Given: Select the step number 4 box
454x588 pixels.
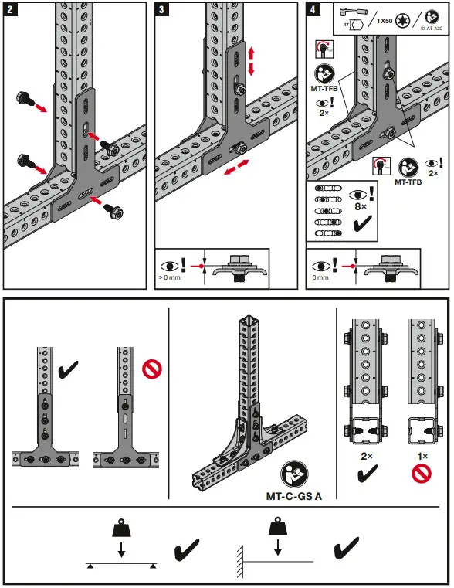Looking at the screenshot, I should point(313,11).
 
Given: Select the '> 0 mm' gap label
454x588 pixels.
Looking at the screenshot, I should point(169,276).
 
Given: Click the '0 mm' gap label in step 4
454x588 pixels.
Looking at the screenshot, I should point(320,276).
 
